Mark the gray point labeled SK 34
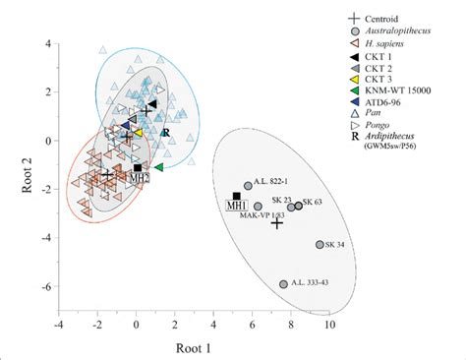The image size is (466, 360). click(319, 244)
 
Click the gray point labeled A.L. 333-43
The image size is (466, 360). click(283, 283)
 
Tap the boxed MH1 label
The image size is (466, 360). click(236, 207)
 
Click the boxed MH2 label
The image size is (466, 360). click(141, 177)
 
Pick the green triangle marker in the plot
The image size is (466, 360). click(158, 167)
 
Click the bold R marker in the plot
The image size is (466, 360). click(166, 133)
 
